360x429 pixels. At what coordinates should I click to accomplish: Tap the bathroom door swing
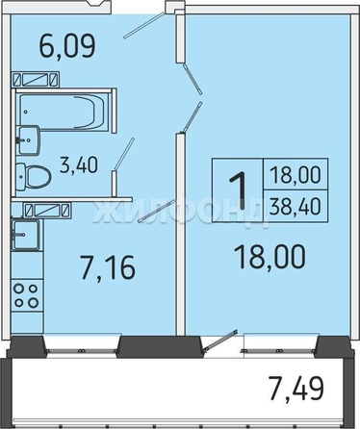(x=122, y=161)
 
